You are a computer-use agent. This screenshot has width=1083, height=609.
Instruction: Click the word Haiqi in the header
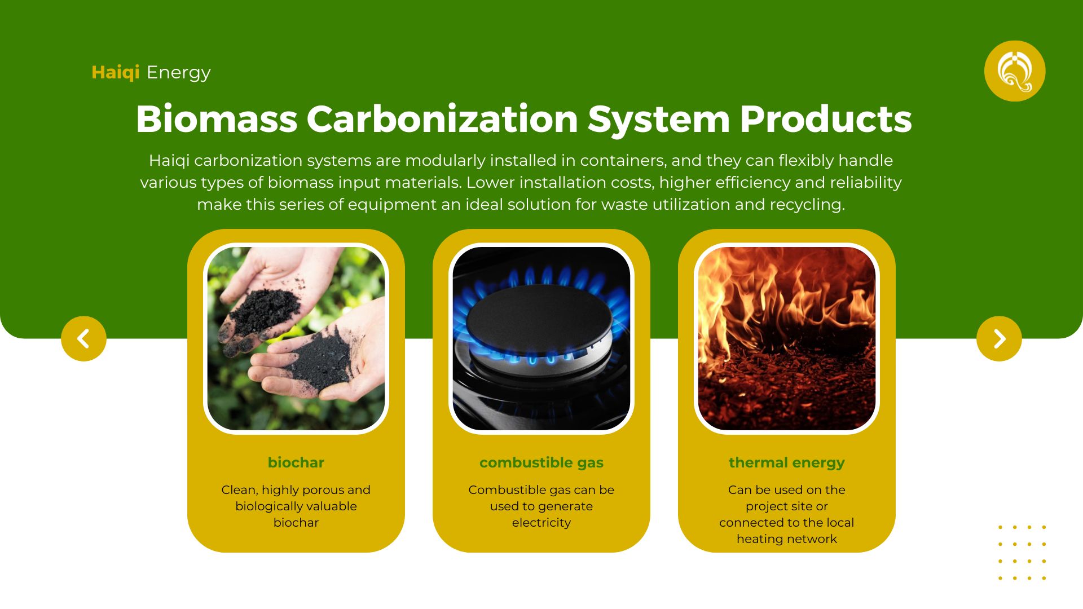click(x=116, y=73)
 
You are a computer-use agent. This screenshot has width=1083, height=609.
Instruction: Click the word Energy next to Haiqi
click(x=178, y=73)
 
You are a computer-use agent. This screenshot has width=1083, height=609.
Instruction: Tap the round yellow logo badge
click(x=1015, y=71)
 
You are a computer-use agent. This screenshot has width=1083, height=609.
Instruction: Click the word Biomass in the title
click(x=217, y=119)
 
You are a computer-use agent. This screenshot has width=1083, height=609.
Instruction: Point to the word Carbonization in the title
click(x=442, y=119)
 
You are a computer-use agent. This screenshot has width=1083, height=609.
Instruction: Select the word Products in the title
click(x=826, y=119)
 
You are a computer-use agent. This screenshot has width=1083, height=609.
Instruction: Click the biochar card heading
click(x=296, y=463)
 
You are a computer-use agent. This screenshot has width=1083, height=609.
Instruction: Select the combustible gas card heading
click(x=541, y=464)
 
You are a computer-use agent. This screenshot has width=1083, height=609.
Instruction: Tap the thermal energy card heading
click(x=787, y=464)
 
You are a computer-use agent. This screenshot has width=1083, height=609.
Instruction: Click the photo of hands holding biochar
click(x=296, y=338)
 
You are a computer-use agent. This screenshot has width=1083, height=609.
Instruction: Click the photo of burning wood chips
click(x=787, y=338)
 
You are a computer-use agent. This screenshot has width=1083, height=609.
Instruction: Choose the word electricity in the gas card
click(x=541, y=523)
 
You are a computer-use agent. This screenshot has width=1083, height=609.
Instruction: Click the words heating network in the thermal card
click(x=787, y=540)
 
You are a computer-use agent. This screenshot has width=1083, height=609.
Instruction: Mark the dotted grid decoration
click(x=1022, y=553)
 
